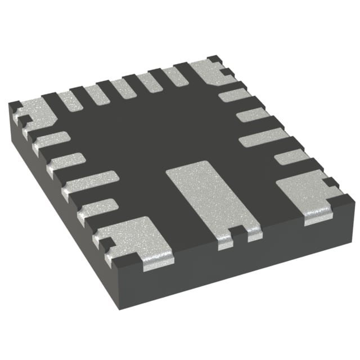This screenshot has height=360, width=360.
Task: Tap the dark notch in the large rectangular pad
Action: [238, 232]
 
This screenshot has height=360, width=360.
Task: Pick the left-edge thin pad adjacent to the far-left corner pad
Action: [49, 141]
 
